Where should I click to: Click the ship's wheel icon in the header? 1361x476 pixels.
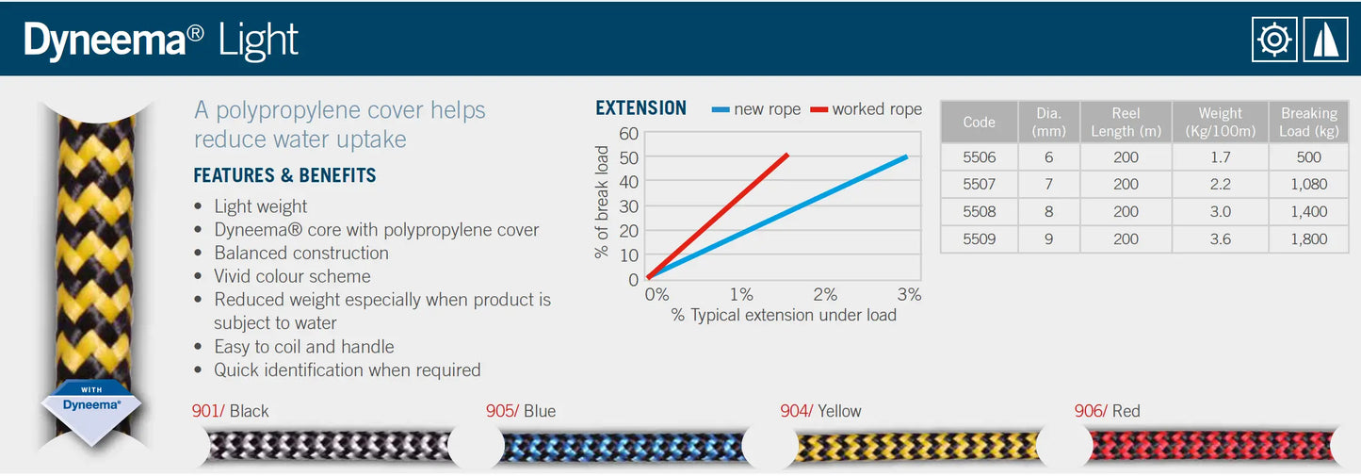(1274, 40)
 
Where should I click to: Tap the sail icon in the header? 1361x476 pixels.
(1325, 40)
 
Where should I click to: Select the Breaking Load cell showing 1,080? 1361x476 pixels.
(1308, 184)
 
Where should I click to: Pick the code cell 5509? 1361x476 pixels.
(979, 238)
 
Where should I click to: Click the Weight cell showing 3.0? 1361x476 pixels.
(1220, 211)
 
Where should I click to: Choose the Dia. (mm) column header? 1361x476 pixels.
(1048, 123)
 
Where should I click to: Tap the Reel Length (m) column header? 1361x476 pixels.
(1126, 123)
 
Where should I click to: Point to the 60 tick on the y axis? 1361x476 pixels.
(628, 133)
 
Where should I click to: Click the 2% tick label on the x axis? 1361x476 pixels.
(825, 295)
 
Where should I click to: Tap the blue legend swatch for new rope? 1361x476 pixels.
(721, 109)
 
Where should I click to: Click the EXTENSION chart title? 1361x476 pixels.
(641, 108)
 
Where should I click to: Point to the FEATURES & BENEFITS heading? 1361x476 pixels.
(284, 175)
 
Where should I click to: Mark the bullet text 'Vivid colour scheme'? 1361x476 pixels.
(292, 276)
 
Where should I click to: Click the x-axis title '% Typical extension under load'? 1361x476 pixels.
(784, 315)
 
